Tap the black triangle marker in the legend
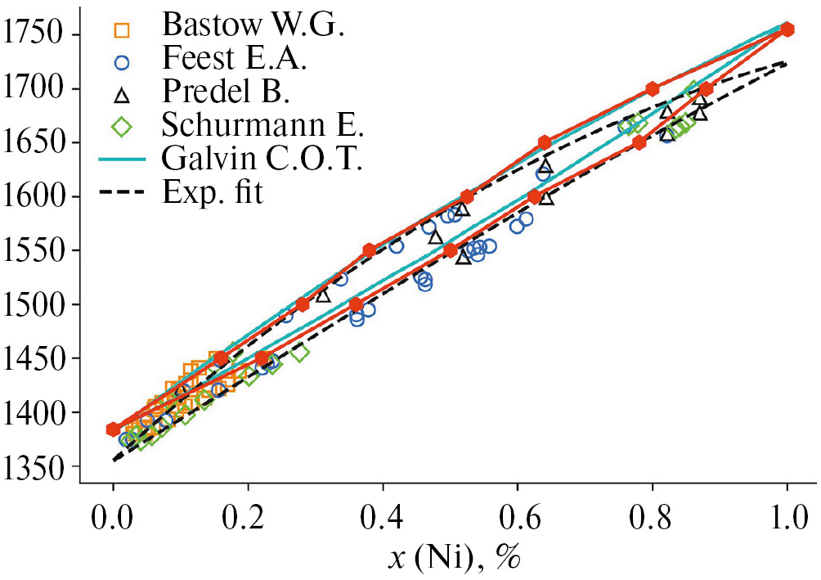point(122,97)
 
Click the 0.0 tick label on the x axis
point(114,519)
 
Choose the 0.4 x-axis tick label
point(383,519)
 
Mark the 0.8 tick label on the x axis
point(653,519)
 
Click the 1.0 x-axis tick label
point(787,519)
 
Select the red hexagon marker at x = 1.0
point(787,29)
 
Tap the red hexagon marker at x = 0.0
point(114,429)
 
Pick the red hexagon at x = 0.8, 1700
point(653,89)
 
